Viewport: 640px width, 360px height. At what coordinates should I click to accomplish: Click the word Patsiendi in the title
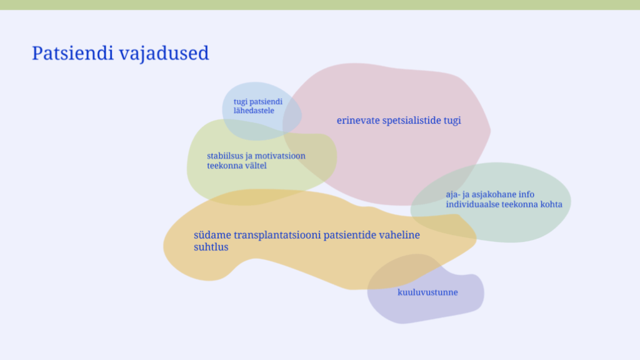(x=72, y=53)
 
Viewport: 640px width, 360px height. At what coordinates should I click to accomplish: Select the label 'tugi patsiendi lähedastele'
(x=258, y=106)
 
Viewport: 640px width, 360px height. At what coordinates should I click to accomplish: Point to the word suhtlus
(x=211, y=247)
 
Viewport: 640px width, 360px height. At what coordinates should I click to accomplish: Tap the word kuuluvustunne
(x=427, y=292)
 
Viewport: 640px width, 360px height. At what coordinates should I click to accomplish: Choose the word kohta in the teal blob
(x=551, y=204)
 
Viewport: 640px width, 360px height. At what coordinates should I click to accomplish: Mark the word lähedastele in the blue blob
(x=254, y=111)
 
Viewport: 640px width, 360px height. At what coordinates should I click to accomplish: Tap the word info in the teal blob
(x=526, y=195)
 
